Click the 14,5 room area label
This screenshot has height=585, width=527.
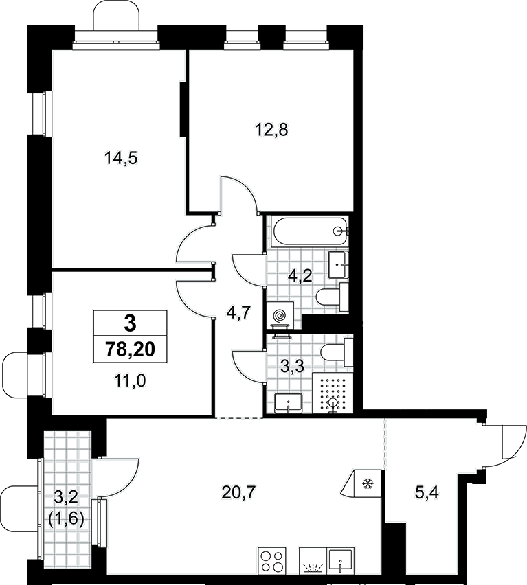coord(121,158)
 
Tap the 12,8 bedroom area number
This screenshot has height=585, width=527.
coord(271,130)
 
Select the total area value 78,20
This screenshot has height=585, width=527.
coord(130,349)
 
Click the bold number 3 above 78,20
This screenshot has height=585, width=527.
coord(130,323)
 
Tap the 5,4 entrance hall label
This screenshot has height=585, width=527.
coord(427,493)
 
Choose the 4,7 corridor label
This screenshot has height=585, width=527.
coord(238,312)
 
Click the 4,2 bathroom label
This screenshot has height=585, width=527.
coord(300,277)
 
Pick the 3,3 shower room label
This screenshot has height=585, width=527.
coord(292,367)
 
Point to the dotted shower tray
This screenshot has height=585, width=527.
coord(332,393)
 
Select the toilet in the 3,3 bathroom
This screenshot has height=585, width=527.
coord(337,352)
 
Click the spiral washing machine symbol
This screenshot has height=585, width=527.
coord(280,315)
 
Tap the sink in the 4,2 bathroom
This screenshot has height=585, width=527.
coord(339,264)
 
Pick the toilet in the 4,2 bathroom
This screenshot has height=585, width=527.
coord(332,297)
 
